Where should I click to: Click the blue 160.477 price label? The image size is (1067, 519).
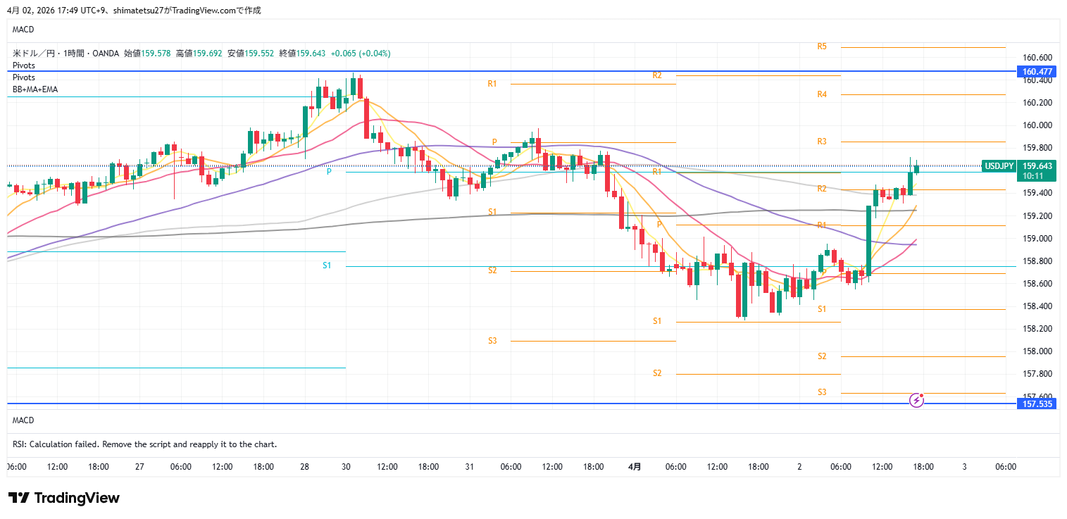[x=1037, y=71]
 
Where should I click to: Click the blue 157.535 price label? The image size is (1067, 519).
[x=1037, y=404]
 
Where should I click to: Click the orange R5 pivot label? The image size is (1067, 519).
[x=822, y=46]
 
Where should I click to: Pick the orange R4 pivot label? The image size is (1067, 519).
[x=822, y=94]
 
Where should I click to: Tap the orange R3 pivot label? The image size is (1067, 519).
[x=822, y=142]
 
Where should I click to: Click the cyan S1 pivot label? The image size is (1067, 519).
[x=327, y=265]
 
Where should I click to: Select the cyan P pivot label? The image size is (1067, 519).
[x=328, y=171]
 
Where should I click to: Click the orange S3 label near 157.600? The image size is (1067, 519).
[x=822, y=392]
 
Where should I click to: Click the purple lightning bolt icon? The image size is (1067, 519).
[x=917, y=400]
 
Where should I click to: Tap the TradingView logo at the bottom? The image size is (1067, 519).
[x=64, y=498]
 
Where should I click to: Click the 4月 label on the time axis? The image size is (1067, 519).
[x=635, y=467]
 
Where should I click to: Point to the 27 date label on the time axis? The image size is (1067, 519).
[x=139, y=467]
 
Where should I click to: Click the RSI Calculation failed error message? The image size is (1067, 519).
[x=144, y=444]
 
